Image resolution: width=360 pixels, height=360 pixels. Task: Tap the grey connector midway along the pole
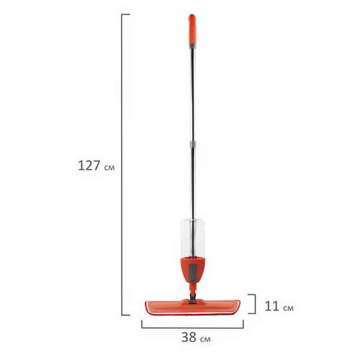[x=193, y=145]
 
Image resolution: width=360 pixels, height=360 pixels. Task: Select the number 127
[x=89, y=166]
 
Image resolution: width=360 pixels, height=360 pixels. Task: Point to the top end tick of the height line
[x=125, y=14]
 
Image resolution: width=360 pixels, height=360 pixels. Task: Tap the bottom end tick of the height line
[x=125, y=315]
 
